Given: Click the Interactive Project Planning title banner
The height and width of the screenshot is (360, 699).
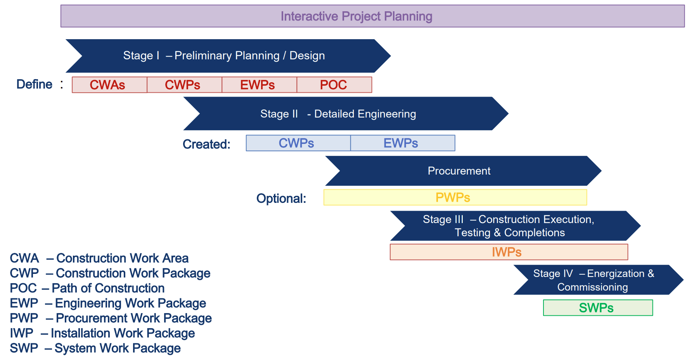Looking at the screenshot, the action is pos(372,16).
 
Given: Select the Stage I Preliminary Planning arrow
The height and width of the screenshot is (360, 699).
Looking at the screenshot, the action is pos(228,56).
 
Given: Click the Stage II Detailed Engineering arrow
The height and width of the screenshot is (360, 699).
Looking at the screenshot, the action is pos(346,114).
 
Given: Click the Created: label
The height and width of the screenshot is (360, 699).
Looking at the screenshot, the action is pos(206,144).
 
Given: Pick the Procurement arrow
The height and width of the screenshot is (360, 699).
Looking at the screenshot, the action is pos(463,171).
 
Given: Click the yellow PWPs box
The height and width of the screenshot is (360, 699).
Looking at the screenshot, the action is pos(455,197).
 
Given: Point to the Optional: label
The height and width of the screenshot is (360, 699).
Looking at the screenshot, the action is pos(281,199).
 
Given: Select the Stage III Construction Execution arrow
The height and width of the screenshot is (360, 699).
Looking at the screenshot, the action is pos(515,226).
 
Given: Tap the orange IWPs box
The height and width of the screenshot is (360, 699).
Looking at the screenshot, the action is pos(509,252).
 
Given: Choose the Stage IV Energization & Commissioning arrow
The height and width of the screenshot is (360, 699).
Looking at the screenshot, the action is pos(599,280).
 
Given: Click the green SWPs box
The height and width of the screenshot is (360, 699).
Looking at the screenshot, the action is pos(598,308).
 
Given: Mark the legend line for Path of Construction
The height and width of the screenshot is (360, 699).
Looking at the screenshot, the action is pos(87,288).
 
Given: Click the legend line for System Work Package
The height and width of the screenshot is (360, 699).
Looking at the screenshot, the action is pos(95,348).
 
